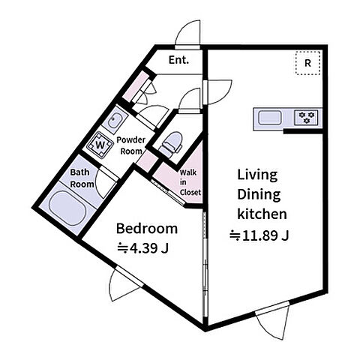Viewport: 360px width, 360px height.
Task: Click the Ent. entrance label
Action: (178, 60)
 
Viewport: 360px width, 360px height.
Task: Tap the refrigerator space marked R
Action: (307, 63)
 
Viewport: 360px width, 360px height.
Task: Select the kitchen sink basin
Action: (269, 118)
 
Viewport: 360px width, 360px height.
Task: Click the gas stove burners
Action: (306, 118)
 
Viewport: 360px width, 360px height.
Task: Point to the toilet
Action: (171, 145)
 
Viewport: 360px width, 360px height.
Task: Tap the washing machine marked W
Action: (100, 145)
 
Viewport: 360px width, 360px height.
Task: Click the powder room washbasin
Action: (115, 119)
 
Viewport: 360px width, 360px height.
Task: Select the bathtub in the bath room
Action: (67, 208)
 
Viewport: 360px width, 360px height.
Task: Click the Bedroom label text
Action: (147, 229)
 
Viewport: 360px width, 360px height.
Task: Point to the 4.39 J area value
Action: (142, 248)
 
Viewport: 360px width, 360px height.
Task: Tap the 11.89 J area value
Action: (259, 235)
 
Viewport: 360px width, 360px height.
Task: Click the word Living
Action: (257, 175)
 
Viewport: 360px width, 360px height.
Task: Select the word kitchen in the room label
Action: (262, 214)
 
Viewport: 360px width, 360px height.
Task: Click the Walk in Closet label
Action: (190, 182)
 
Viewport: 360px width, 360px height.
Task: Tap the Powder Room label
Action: (131, 145)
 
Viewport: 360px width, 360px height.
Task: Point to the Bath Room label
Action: (82, 178)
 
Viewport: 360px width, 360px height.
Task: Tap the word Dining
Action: (259, 195)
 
